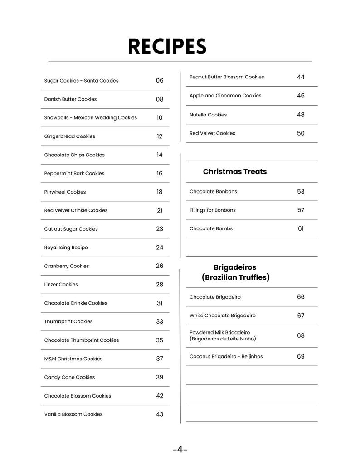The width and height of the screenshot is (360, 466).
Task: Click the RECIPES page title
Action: [x=167, y=47]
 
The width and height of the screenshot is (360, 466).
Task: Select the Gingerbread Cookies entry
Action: [x=69, y=136]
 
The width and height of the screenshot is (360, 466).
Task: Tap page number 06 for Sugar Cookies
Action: [x=160, y=81]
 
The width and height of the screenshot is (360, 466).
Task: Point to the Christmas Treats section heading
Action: [x=235, y=172]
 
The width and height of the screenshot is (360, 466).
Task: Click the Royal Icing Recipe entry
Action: [x=66, y=248]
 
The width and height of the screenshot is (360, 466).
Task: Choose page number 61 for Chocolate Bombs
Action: [x=301, y=229]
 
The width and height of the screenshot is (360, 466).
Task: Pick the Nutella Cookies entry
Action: [x=208, y=115]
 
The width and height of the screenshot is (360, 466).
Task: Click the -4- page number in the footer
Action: [x=180, y=450]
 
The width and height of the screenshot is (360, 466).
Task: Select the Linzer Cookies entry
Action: [x=61, y=285]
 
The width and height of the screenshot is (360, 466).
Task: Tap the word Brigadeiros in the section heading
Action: [x=235, y=267]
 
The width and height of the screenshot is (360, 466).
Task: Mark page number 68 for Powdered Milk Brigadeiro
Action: [x=301, y=336]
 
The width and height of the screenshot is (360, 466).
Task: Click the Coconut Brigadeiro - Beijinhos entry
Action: [x=226, y=357]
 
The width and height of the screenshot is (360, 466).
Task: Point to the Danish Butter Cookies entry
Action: [x=70, y=99]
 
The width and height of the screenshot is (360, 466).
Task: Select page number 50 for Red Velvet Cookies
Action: [x=301, y=133]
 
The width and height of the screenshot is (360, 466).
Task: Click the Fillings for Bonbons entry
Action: [x=213, y=210]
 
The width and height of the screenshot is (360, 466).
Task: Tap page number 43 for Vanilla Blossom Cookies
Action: [x=160, y=414]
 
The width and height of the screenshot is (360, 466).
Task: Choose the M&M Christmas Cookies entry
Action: [x=73, y=359]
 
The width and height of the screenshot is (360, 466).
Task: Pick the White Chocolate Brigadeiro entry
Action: [x=222, y=316]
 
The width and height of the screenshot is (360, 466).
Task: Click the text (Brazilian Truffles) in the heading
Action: [x=235, y=277]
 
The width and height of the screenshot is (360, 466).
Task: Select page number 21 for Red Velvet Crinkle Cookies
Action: [x=160, y=210]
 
